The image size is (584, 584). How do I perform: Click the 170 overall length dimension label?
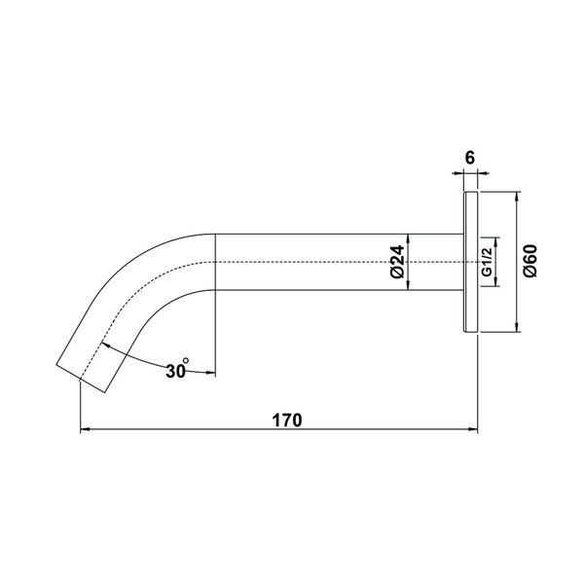(x=287, y=420)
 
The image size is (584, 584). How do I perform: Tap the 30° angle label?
(x=178, y=369)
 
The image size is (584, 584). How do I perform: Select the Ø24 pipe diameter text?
(x=397, y=262)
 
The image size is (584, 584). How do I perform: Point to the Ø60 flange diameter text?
(x=530, y=261)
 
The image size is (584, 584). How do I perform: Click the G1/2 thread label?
(x=488, y=262)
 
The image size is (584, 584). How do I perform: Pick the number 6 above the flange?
(x=470, y=158)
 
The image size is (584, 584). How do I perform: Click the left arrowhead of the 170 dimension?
(x=85, y=429)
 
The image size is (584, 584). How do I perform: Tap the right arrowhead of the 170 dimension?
(x=473, y=429)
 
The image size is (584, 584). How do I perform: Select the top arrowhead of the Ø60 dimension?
(x=517, y=197)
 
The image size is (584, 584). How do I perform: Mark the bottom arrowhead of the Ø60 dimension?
(x=517, y=327)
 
